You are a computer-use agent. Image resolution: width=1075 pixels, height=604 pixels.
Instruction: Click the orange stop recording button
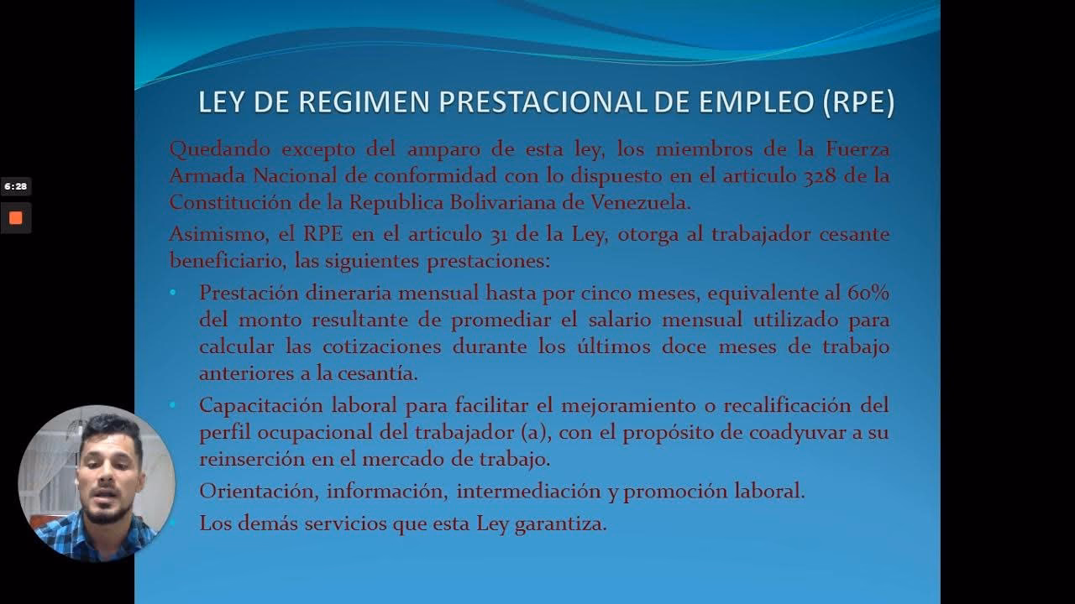(15, 218)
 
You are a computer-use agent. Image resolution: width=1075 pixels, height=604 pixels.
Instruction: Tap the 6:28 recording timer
(15, 186)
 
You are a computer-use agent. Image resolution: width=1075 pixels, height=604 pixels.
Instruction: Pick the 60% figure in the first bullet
(868, 294)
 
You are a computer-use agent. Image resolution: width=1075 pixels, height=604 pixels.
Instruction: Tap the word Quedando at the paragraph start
(220, 150)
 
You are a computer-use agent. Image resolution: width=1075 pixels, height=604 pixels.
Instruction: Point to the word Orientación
(258, 492)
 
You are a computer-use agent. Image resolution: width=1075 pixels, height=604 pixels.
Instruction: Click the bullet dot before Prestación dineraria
(173, 293)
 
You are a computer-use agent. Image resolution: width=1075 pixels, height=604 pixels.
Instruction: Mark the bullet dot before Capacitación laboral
(173, 405)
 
